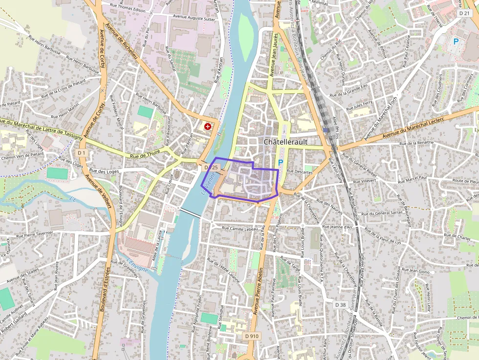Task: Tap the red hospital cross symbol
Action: (208, 127)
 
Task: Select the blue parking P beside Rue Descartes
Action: (281, 163)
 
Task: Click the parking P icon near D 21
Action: (456, 42)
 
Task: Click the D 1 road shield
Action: (81, 153)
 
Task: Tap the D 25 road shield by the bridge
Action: (211, 168)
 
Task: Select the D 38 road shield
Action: (341, 304)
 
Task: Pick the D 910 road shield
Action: (252, 336)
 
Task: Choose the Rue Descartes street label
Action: (299, 171)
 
